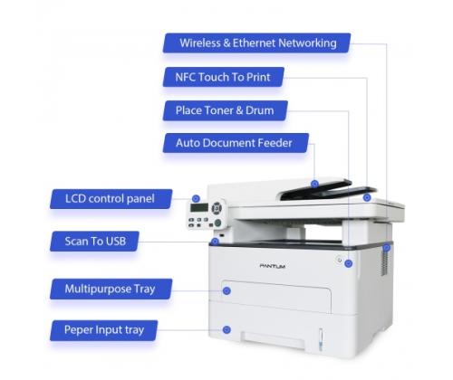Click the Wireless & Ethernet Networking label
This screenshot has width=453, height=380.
point(257,43)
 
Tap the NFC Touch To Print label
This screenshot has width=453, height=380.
point(224,77)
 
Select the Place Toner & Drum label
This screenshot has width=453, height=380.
point(226,110)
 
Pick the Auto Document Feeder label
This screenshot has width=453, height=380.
point(236,143)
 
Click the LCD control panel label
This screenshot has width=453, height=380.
point(111,199)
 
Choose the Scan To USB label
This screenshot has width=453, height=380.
point(94,242)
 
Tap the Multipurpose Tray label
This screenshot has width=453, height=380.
point(111,289)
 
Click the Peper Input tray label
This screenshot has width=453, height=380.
point(104,330)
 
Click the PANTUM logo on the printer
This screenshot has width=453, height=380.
point(273,266)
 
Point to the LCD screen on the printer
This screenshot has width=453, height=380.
point(199,207)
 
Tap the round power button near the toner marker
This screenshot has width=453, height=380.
point(340,260)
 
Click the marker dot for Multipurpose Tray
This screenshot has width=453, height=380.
point(226,290)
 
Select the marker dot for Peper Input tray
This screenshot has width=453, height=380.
point(226,330)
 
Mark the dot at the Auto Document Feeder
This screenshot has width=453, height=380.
point(314,184)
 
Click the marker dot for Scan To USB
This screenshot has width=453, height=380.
point(215,242)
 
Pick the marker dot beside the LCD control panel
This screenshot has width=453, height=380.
point(196,199)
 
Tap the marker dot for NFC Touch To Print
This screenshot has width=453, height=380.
point(367,197)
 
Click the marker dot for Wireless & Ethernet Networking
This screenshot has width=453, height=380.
point(387,248)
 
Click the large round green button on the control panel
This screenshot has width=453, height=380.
point(217,223)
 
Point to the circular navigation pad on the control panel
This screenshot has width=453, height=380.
point(217,208)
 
